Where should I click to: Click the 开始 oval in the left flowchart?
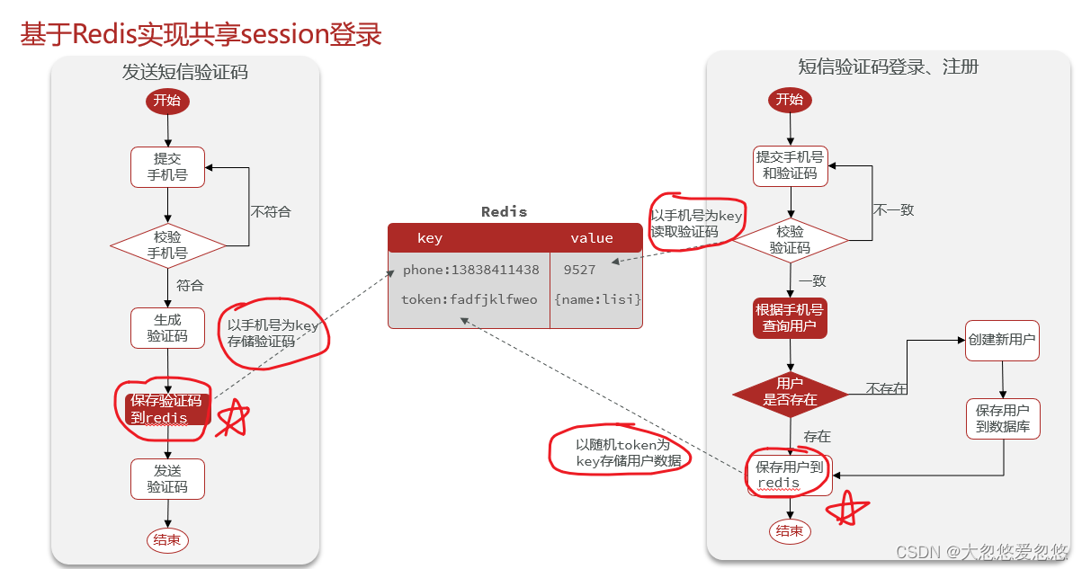pyautogui.click(x=167, y=101)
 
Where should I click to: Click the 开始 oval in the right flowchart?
pyautogui.click(x=789, y=100)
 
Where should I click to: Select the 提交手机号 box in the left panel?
pyautogui.click(x=167, y=167)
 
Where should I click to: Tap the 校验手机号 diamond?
pyautogui.click(x=167, y=245)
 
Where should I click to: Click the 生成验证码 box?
pyautogui.click(x=167, y=328)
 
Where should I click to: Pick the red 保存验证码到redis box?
pyautogui.click(x=167, y=409)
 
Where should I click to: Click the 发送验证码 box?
pyautogui.click(x=167, y=479)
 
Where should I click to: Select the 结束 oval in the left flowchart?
pyautogui.click(x=167, y=539)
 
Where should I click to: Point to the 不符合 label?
pyautogui.click(x=271, y=212)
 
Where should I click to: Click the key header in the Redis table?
pyautogui.click(x=430, y=238)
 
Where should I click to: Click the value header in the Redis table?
pyautogui.click(x=591, y=238)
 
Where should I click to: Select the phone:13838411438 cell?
pyautogui.click(x=470, y=270)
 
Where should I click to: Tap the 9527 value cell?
pyautogui.click(x=579, y=270)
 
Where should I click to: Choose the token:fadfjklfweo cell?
pyautogui.click(x=469, y=299)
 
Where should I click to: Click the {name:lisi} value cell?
pyautogui.click(x=597, y=299)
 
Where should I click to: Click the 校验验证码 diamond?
pyautogui.click(x=789, y=240)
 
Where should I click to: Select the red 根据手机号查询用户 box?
pyautogui.click(x=789, y=318)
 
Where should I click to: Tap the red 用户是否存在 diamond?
pyautogui.click(x=789, y=392)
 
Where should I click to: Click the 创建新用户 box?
pyautogui.click(x=1002, y=341)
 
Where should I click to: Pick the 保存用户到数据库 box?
pyautogui.click(x=1002, y=419)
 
